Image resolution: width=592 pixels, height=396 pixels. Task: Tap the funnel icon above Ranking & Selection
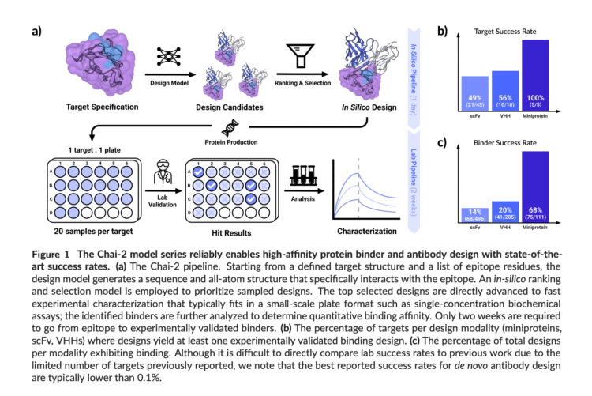click(x=301, y=58)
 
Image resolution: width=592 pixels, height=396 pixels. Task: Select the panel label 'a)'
click(x=37, y=32)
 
